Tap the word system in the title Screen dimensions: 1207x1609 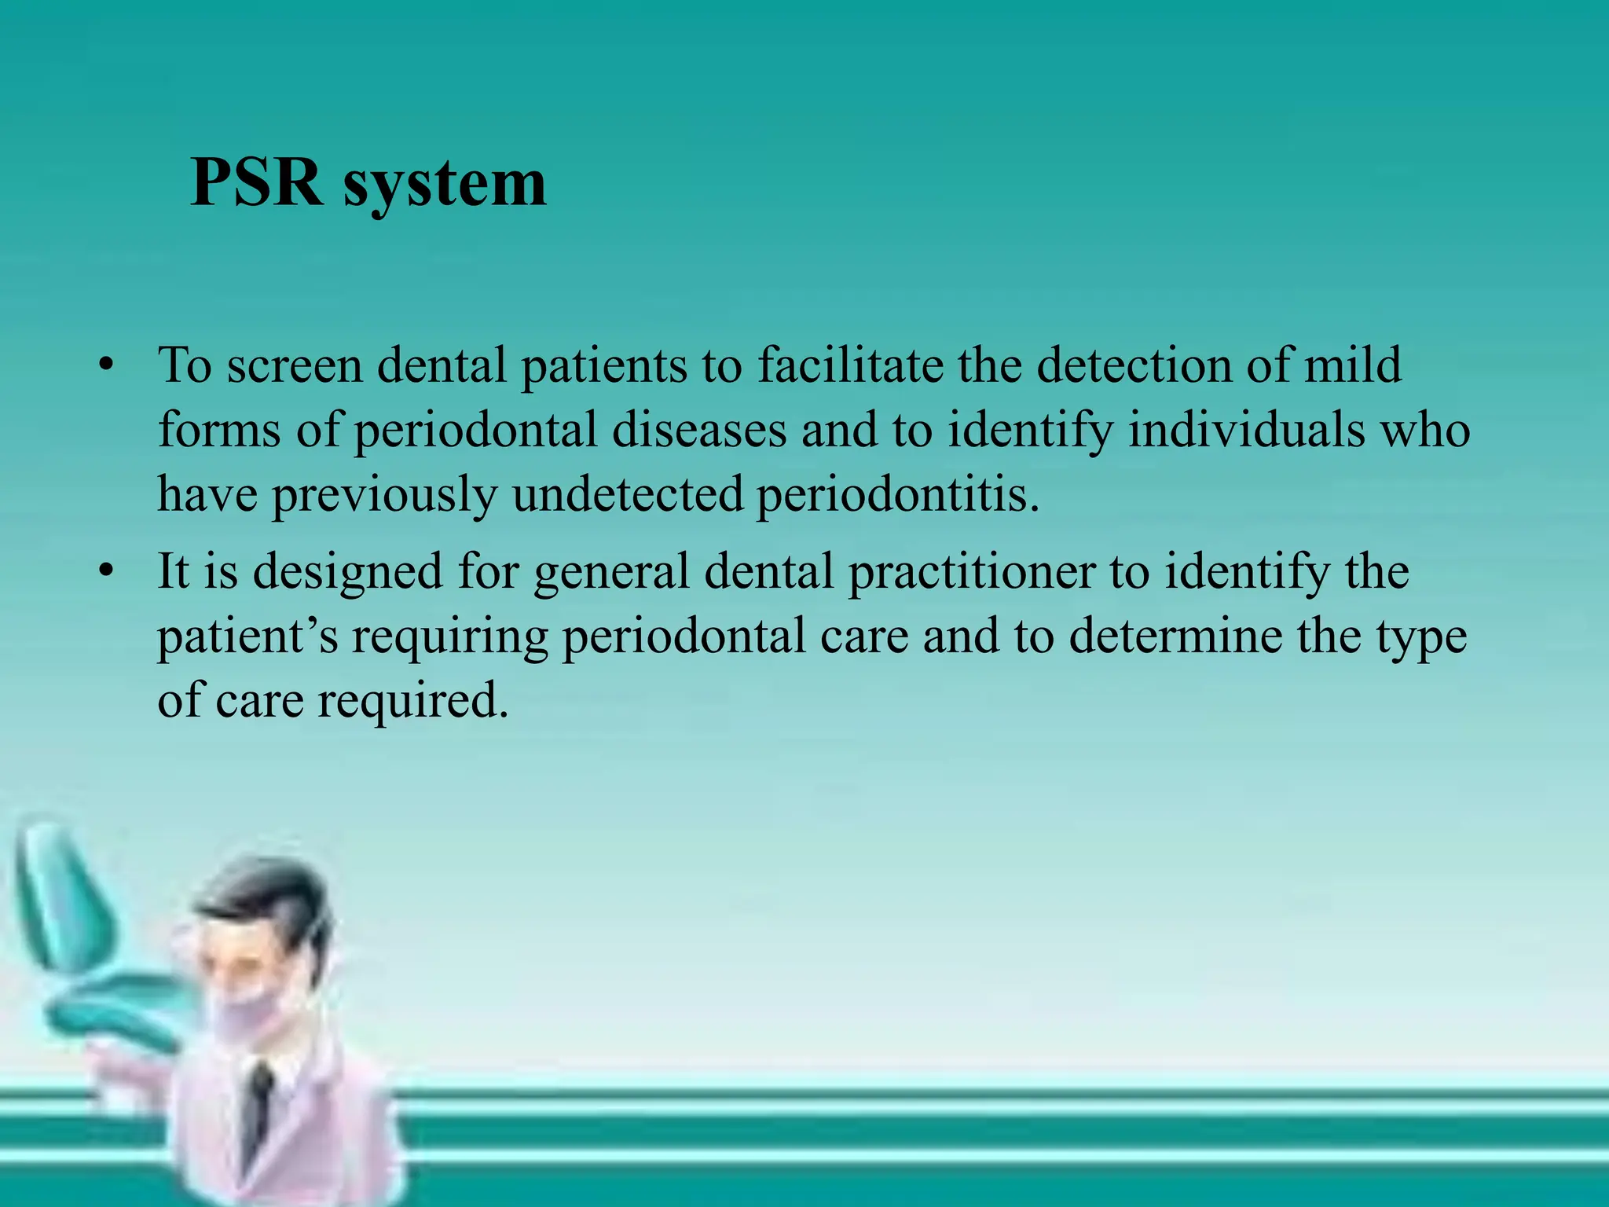coord(445,185)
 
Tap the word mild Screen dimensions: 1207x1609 coord(1352,365)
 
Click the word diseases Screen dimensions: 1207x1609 coord(699,430)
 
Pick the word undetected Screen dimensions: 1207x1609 coord(627,494)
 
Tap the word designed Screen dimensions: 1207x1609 coord(347,570)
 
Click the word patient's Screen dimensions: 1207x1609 coord(247,636)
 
